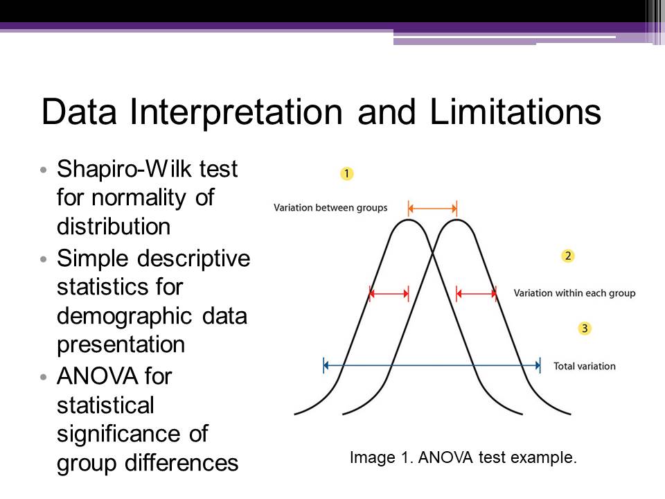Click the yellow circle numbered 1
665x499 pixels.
pos(346,173)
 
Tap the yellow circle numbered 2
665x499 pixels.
pos(568,256)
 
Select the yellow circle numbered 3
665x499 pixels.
pos(585,328)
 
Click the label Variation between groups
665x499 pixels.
pos(330,208)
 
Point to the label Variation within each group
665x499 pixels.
pos(575,293)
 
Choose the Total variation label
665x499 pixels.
pos(585,366)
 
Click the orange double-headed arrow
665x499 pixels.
pos(432,209)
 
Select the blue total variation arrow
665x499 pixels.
pos(432,365)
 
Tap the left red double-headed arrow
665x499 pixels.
pos(389,293)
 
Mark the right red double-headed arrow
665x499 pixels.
pos(477,293)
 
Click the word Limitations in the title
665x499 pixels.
pos(515,112)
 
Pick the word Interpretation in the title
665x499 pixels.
pos(236,113)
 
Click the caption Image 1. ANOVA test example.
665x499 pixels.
pos(463,457)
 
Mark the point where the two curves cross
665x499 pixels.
pos(432,254)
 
